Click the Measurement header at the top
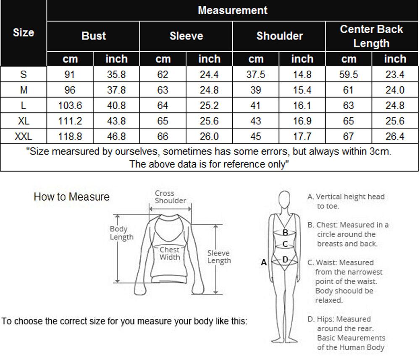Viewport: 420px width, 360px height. pos(232,11)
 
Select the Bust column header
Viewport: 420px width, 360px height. pos(93,36)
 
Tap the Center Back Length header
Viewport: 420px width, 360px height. pos(371,36)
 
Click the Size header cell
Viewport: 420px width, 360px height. pos(24,33)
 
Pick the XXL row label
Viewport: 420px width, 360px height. pos(24,136)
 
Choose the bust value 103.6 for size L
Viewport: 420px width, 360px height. pos(70,105)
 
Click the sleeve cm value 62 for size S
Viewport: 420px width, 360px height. pos(163,75)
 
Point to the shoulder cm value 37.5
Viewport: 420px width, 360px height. pos(255,75)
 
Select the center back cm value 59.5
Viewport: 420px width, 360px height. pos(349,75)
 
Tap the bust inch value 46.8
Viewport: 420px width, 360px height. pos(116,136)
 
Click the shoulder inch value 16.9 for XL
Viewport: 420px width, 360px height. pos(302,121)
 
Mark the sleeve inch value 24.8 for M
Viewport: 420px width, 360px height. pos(209,90)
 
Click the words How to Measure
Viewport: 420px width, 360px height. pos(71,197)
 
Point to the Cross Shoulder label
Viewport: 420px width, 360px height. pos(170,197)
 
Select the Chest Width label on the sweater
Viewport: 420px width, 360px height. pos(170,253)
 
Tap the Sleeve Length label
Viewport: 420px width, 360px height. pos(219,257)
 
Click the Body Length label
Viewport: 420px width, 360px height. pos(121,233)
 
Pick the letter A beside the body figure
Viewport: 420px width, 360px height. pos(264,263)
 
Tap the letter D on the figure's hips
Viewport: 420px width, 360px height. pos(285,260)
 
